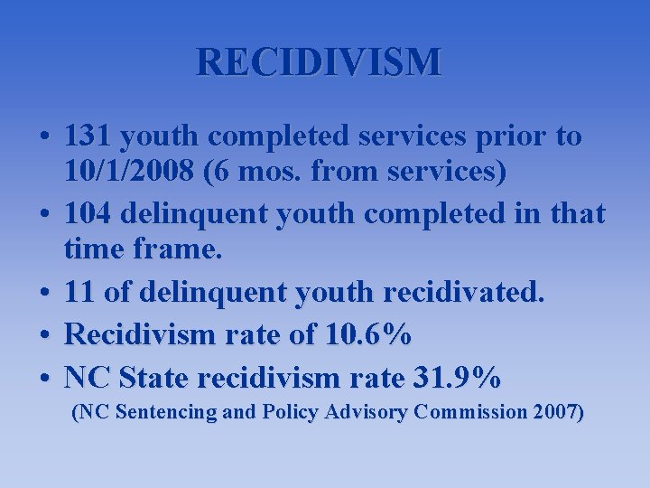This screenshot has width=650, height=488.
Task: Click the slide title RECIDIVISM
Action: [320, 62]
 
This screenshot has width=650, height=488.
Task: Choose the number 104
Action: [92, 214]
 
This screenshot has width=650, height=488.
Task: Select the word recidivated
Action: [464, 292]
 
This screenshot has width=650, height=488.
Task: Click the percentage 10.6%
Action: [366, 335]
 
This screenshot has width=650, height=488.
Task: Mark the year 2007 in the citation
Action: [557, 413]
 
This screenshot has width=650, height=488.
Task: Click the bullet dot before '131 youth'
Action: [44, 137]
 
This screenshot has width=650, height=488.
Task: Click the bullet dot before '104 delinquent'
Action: [44, 215]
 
